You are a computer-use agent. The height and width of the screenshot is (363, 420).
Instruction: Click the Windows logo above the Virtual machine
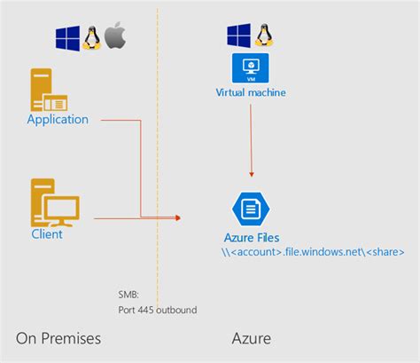[238, 36]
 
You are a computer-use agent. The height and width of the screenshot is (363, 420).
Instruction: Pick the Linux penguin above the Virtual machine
[263, 36]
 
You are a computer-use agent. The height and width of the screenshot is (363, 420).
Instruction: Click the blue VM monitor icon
[250, 68]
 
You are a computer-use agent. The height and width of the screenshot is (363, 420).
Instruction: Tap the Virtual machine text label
[251, 92]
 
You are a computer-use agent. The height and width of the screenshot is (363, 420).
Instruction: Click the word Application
[58, 120]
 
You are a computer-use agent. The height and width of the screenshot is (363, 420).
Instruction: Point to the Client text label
[47, 234]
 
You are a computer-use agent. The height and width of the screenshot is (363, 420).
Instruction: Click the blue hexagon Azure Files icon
[250, 208]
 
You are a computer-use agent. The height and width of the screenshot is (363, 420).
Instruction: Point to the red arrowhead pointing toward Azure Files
[177, 217]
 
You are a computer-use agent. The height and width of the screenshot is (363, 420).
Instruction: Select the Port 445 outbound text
[157, 310]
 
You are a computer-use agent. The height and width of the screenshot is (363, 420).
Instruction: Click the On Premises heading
[58, 338]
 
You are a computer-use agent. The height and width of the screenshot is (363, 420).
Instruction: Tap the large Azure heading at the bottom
[251, 338]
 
